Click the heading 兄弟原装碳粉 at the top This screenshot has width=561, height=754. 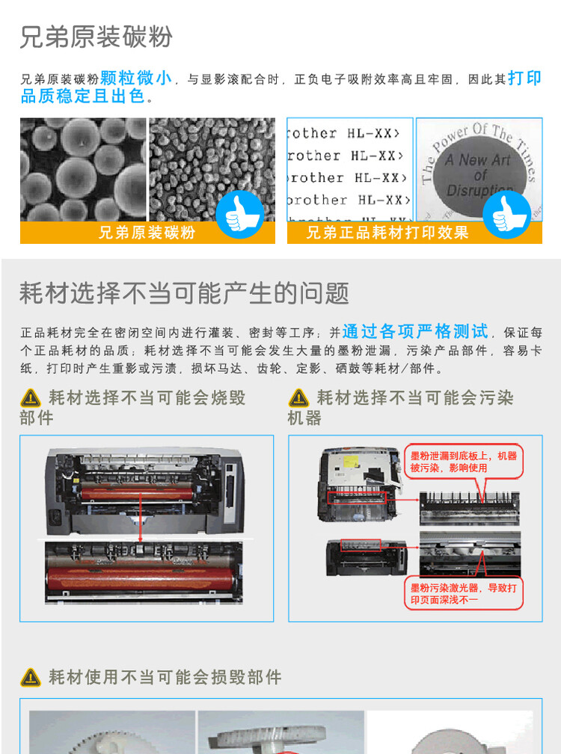[96, 36]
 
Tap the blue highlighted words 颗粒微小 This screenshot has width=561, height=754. [136, 78]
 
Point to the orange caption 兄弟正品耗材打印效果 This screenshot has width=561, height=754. [387, 233]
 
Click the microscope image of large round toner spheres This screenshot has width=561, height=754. [82, 169]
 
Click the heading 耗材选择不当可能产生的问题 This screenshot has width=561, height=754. [184, 293]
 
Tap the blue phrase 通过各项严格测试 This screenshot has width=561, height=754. [415, 331]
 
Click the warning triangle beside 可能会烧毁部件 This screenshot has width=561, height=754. [31, 398]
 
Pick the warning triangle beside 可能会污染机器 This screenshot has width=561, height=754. [298, 398]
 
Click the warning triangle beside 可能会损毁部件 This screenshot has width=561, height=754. [31, 678]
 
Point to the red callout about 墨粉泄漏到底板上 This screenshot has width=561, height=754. [464, 462]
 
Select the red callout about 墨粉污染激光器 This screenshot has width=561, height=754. [464, 594]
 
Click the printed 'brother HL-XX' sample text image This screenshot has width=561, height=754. [349, 169]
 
